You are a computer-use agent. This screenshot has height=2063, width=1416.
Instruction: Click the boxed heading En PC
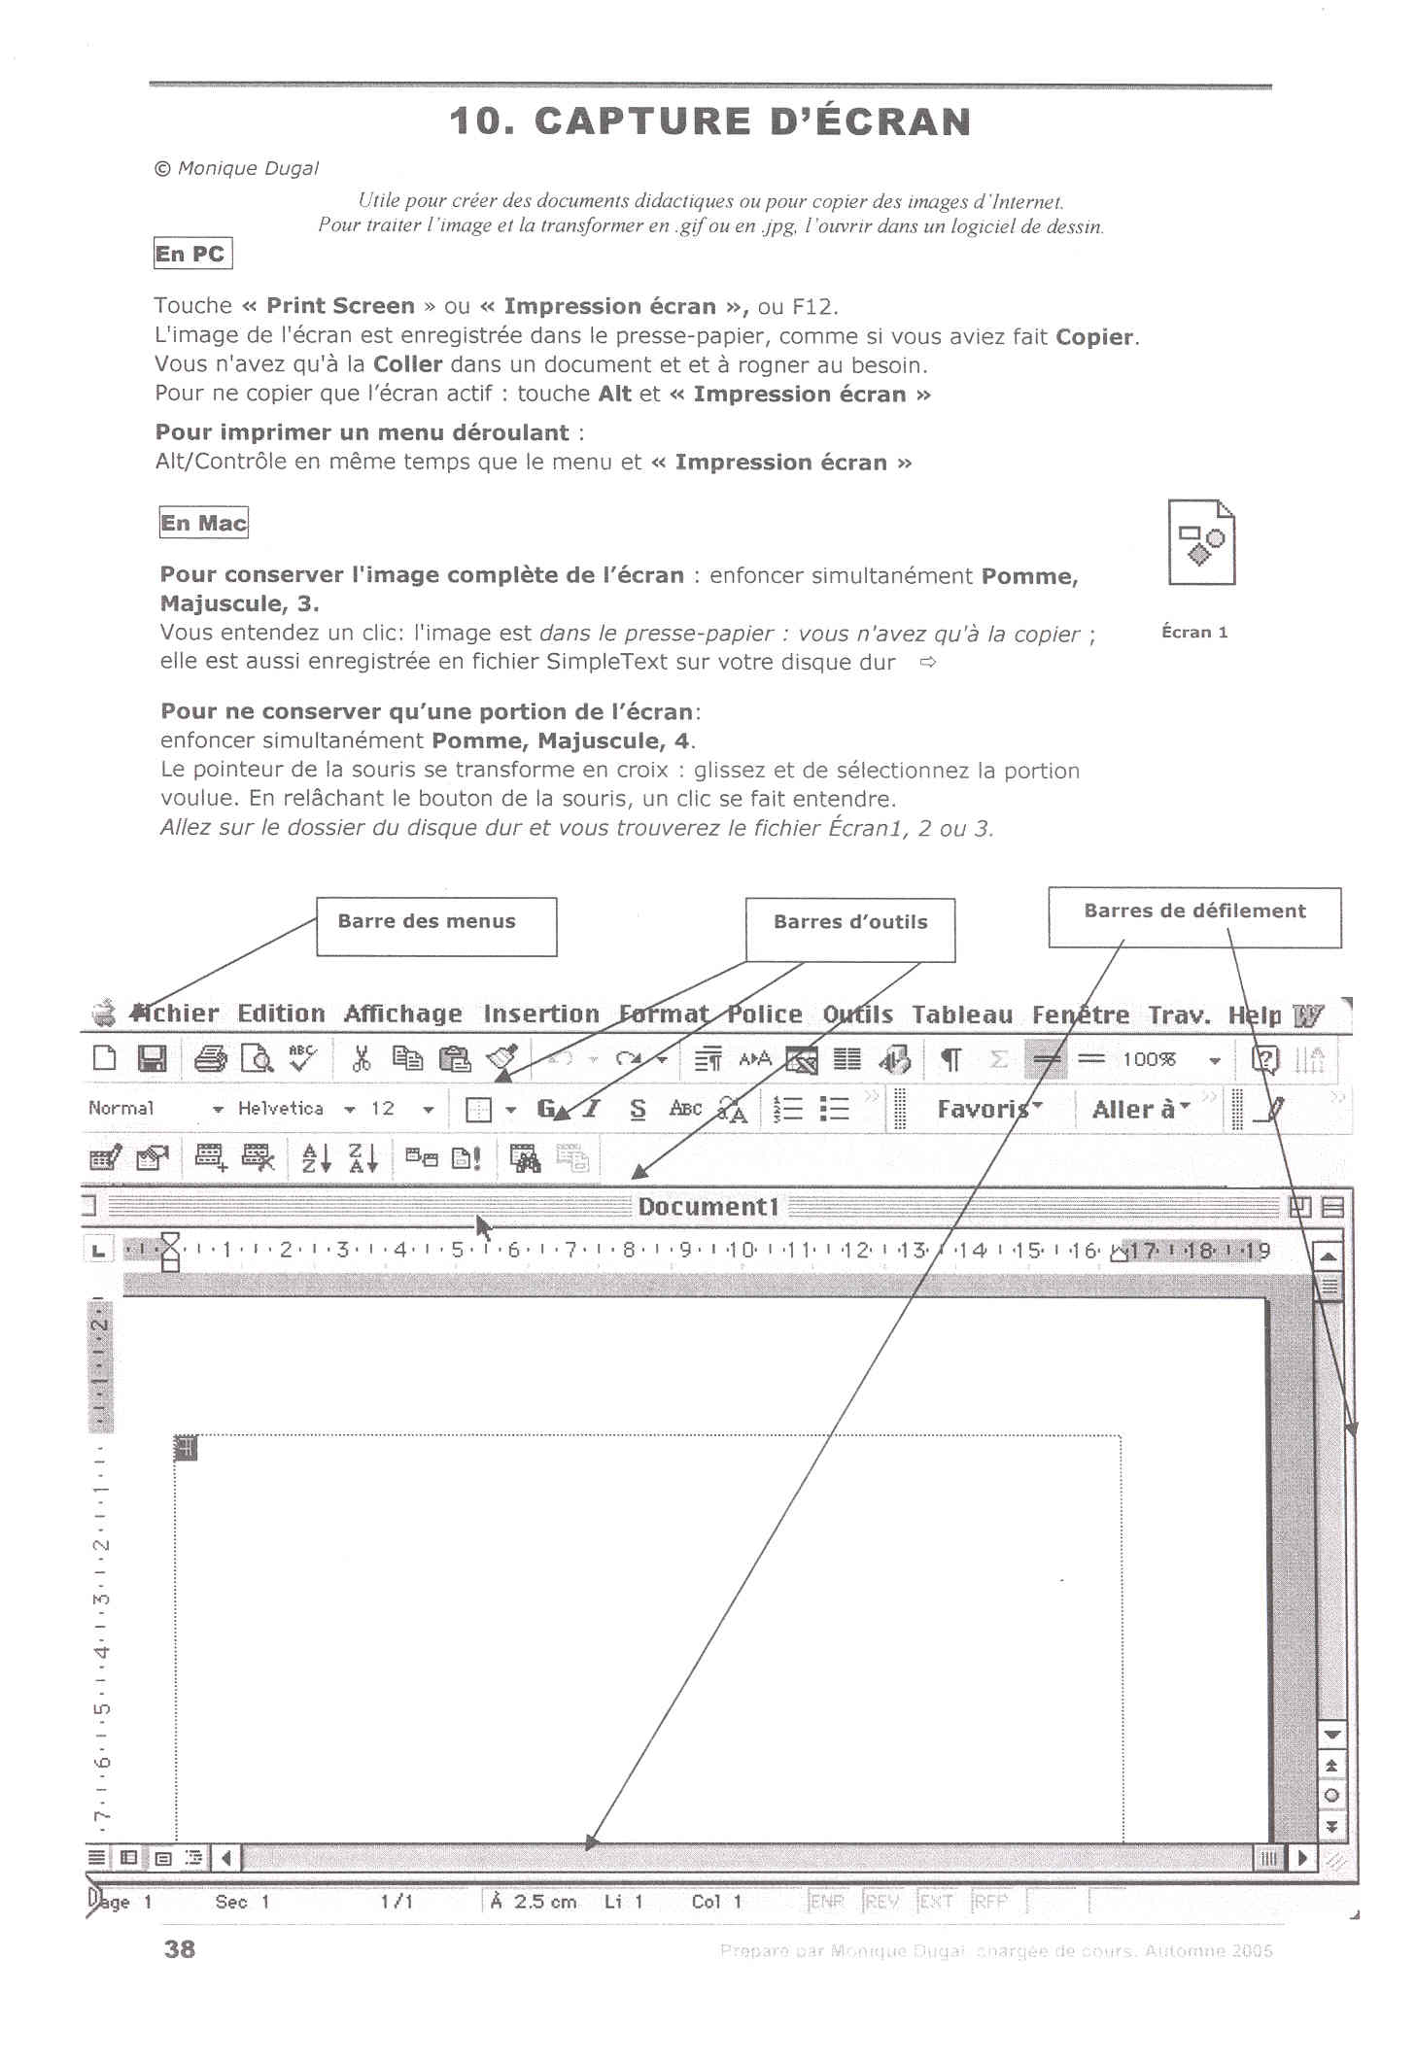point(191,254)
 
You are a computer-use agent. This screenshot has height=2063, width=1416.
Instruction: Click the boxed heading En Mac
point(203,523)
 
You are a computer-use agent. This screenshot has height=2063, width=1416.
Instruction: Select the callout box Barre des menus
point(435,925)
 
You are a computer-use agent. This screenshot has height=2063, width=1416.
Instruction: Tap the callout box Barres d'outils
point(849,928)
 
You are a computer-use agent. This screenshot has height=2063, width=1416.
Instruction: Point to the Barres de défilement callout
point(1193,915)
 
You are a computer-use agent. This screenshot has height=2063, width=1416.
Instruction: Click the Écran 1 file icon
point(1200,543)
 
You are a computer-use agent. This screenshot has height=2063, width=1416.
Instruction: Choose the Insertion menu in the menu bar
point(540,1014)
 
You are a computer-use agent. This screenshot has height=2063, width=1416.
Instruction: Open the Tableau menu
point(961,1014)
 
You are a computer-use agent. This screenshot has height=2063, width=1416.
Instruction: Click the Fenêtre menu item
point(1080,1014)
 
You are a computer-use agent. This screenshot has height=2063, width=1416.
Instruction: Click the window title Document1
point(708,1207)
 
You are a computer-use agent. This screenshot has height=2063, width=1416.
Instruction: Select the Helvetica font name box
point(281,1108)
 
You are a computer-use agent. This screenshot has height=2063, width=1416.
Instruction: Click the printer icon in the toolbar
point(210,1058)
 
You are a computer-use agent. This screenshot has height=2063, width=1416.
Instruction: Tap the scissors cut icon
point(361,1058)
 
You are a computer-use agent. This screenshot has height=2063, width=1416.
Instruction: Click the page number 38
point(180,1949)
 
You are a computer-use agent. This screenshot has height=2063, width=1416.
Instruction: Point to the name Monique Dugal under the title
point(248,168)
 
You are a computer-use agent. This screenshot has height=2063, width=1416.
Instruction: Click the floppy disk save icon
point(152,1058)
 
